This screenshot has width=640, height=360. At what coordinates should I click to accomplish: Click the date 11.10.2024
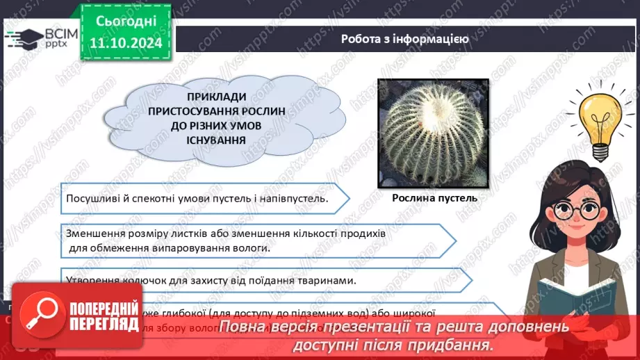coord(126,43)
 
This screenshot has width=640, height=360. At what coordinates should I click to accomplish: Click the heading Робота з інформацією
coord(404,39)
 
